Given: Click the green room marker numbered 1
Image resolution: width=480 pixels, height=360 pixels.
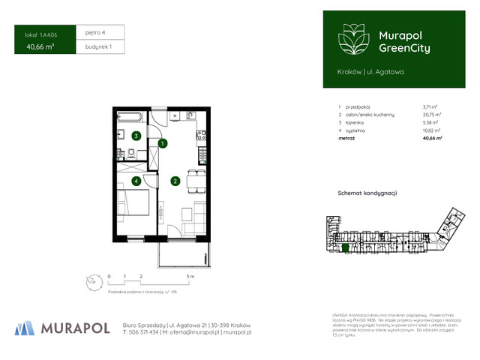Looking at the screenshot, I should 162,142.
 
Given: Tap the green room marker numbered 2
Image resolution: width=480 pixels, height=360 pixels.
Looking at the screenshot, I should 174,180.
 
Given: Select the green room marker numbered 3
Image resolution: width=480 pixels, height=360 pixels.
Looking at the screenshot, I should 135,136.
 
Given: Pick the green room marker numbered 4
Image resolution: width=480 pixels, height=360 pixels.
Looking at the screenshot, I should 135,181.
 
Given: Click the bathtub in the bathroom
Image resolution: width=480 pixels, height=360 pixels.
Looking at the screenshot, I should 131,118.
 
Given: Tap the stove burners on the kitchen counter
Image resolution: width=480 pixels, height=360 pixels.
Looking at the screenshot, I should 200,136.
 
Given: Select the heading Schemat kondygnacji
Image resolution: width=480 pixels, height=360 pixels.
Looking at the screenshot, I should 367,193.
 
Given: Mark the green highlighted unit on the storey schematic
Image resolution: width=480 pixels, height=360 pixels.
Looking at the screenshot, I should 345,246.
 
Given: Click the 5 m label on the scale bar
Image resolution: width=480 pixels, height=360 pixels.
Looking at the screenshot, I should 191,277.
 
